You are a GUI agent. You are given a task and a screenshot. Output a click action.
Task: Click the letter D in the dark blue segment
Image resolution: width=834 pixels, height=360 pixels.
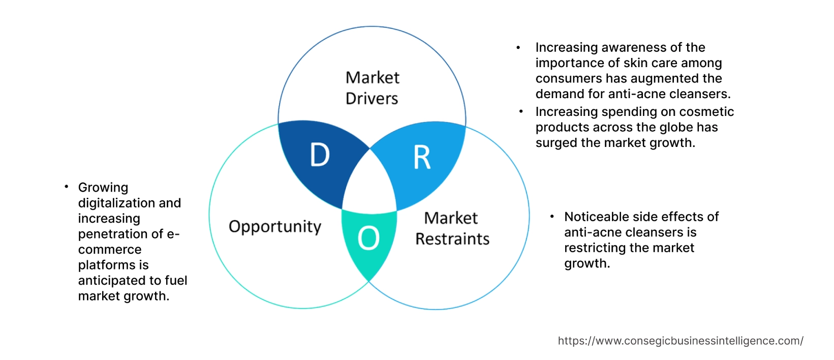pyautogui.click(x=320, y=155)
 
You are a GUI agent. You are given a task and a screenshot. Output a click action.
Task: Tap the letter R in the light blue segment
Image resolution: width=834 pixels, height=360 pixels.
pyautogui.click(x=422, y=158)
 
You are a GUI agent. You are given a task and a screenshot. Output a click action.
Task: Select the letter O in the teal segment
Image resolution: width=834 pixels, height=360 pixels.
pyautogui.click(x=368, y=238)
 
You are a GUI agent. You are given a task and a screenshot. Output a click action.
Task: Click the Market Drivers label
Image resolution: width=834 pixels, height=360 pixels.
pyautogui.click(x=372, y=88)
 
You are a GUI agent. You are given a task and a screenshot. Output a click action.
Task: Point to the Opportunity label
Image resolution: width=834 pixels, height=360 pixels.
pyautogui.click(x=275, y=226)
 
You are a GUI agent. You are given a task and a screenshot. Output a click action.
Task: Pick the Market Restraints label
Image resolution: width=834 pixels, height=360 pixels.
pyautogui.click(x=452, y=228)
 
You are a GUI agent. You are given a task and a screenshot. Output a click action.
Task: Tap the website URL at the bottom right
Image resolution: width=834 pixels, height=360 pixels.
pyautogui.click(x=681, y=341)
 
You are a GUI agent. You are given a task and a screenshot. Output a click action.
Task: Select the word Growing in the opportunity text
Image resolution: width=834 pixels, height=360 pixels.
pyautogui.click(x=103, y=188)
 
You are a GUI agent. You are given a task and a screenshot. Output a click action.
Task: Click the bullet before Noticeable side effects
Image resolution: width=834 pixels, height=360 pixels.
pyautogui.click(x=552, y=217)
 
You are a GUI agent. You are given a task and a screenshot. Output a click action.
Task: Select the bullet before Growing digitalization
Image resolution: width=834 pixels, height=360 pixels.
pyautogui.click(x=66, y=187)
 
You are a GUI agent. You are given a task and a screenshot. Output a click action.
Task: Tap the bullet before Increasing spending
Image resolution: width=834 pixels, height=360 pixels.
pyautogui.click(x=521, y=111)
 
